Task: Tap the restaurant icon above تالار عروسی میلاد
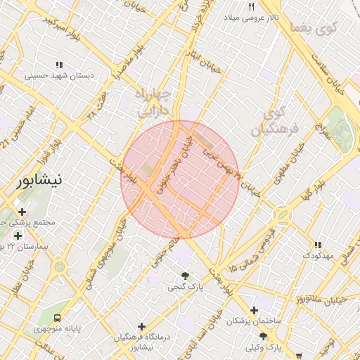click(x=251, y=6)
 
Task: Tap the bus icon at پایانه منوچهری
click(x=58, y=317)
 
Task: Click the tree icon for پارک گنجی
click(x=184, y=276)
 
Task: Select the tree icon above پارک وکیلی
click(x=264, y=337)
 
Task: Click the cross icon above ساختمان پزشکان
click(x=254, y=310)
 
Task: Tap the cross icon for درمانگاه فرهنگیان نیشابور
click(x=142, y=326)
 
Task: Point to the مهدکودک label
click(x=317, y=256)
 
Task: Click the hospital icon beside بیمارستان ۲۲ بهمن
click(x=18, y=236)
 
